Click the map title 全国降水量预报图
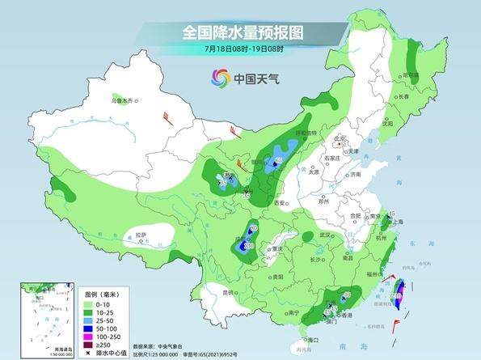pyautogui.click(x=242, y=33)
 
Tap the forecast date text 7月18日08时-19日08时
pyautogui.click(x=243, y=49)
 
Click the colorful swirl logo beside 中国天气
pyautogui.click(x=221, y=78)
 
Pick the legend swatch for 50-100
pyautogui.click(x=57, y=327)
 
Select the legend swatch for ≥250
pyautogui.click(x=57, y=345)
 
